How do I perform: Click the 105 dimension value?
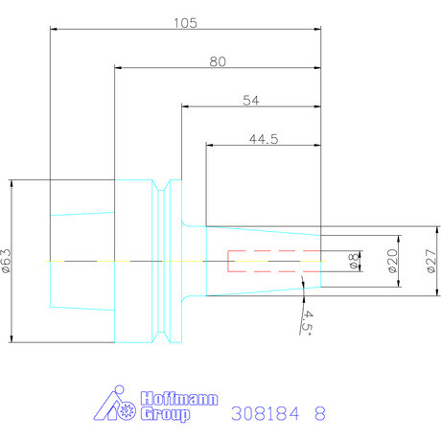[x=185, y=23]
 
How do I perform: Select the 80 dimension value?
[x=218, y=61]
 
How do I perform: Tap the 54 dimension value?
[x=251, y=101]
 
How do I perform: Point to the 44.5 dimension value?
[x=264, y=139]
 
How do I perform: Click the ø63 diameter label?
[x=6, y=261]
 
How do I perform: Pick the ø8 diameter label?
[x=355, y=261]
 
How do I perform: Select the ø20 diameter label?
[x=393, y=261]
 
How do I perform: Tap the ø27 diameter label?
[x=431, y=261]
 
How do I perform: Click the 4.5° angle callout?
[x=307, y=323]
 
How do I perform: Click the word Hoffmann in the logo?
[x=179, y=399]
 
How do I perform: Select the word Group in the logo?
[x=165, y=414]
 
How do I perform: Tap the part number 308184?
[x=266, y=413]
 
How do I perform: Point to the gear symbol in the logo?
[x=127, y=410]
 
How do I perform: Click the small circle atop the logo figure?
[x=119, y=389]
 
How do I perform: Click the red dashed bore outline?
[x=228, y=261]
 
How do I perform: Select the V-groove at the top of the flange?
[x=161, y=185]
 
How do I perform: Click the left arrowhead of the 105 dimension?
[x=54, y=29]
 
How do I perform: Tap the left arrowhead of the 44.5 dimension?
[x=210, y=145]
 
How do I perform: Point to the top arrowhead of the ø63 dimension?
[x=12, y=183]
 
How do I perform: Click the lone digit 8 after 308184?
[x=320, y=413]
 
